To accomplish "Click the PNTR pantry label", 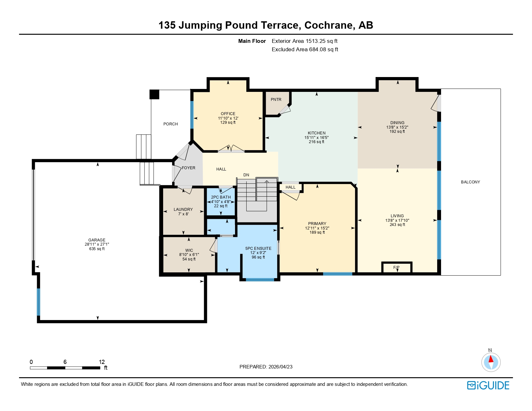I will click(276, 100).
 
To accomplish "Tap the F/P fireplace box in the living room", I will click(397, 268).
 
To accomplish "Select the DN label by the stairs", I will click(246, 175).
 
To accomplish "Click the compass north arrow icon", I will click(491, 362).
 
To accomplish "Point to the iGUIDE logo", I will click(488, 385).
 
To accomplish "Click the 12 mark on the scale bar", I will click(102, 362).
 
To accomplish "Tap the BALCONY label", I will click(470, 182).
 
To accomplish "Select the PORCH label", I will click(171, 124).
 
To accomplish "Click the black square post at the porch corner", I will click(154, 94).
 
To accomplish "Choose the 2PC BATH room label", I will click(221, 197).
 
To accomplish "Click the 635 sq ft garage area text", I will click(97, 249).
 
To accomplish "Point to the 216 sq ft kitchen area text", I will click(317, 142).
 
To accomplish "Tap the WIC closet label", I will click(189, 250).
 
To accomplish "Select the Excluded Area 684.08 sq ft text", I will click(305, 49).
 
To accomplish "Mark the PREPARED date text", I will click(266, 367).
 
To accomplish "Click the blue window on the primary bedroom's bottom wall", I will click(338, 274).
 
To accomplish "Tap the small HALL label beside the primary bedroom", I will click(291, 187).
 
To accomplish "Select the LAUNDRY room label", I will click(183, 210).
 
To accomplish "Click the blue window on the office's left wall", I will click(192, 115).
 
